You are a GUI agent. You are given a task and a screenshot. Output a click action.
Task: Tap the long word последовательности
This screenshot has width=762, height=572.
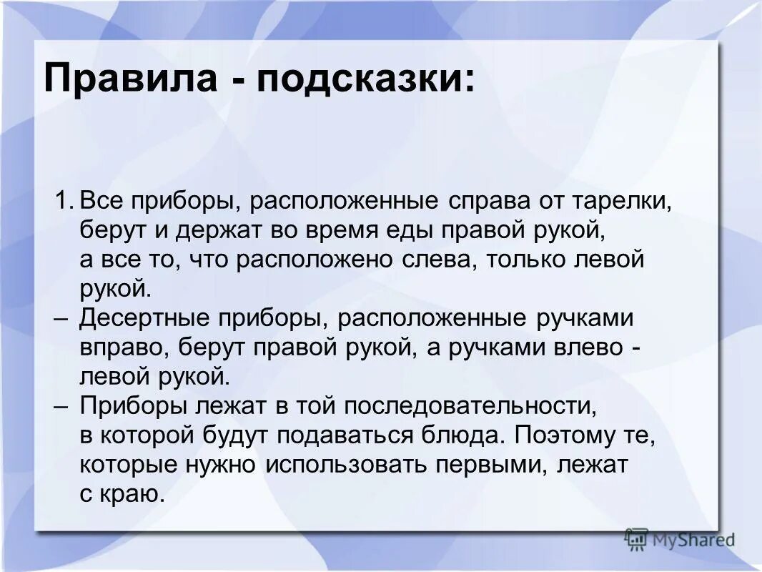point(478,406)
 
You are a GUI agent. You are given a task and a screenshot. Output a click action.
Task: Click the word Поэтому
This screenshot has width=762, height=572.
point(568,435)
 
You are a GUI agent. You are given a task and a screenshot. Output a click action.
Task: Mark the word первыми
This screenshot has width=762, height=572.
point(486,464)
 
